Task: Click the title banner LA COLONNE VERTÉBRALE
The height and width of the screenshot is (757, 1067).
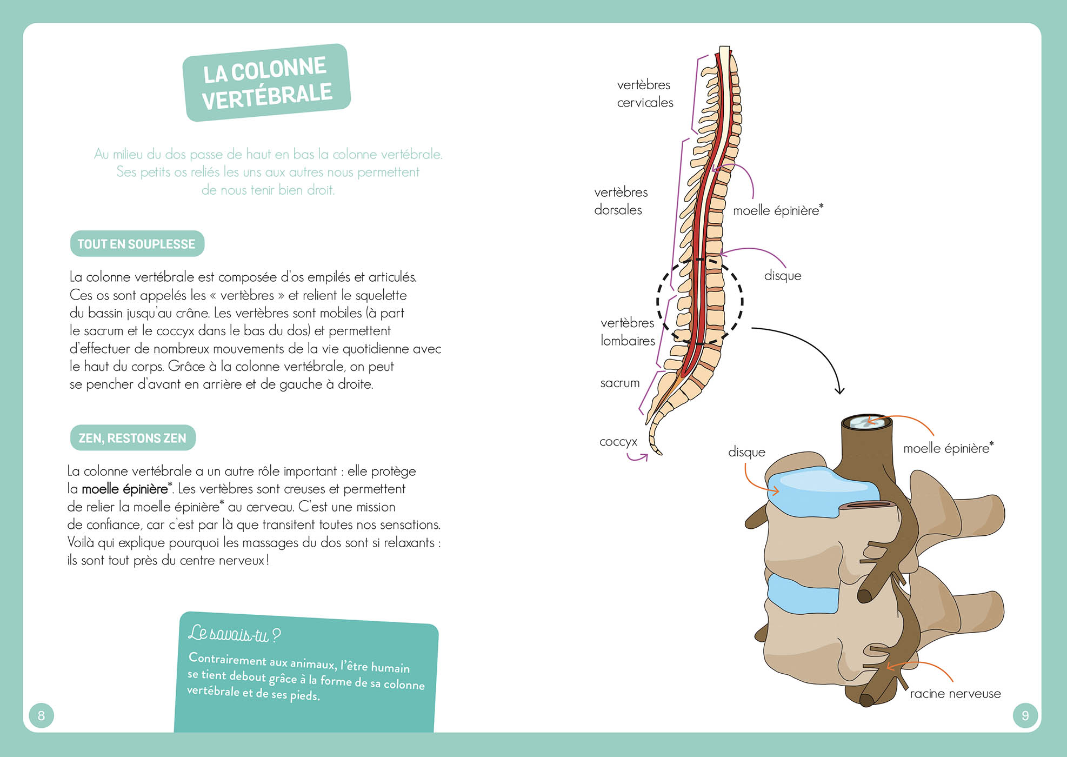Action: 266,83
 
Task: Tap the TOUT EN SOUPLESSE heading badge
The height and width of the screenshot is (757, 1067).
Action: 137,244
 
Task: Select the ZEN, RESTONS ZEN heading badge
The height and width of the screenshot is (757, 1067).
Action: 132,438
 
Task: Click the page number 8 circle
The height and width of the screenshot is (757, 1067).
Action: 42,715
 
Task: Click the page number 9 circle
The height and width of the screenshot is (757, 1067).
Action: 1025,715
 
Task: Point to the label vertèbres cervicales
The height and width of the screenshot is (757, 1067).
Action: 645,94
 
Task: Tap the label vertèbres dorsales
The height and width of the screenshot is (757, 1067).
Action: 621,201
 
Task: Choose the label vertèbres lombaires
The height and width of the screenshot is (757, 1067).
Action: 628,331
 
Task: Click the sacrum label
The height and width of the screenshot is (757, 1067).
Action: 619,383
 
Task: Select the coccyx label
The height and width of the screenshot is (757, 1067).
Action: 618,442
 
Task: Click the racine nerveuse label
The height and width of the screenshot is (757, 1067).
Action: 955,694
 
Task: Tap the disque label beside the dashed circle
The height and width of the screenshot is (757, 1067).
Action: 782,276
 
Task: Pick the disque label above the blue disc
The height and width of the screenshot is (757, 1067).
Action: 746,452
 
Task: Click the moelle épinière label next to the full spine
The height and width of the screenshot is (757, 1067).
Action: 777,210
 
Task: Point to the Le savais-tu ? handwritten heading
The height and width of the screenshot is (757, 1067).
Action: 234,634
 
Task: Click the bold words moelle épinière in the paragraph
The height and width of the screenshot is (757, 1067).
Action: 125,489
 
